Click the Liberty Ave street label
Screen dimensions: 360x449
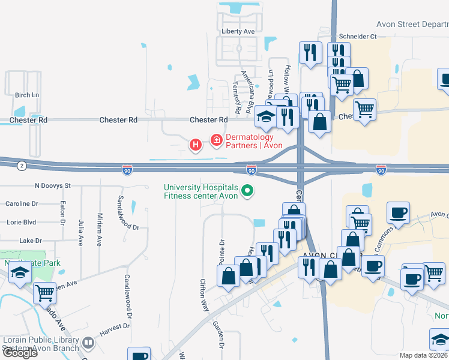[x=238, y=31]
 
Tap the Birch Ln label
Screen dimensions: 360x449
[x=26, y=95]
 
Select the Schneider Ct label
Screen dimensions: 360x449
[x=357, y=37]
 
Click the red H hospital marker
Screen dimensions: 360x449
[x=195, y=145]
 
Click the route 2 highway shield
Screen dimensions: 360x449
[x=22, y=166]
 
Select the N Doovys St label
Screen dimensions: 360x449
[x=53, y=186]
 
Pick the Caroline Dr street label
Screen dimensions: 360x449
[x=21, y=204]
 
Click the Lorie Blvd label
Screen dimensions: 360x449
[x=20, y=222]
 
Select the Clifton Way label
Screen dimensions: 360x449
[x=204, y=295]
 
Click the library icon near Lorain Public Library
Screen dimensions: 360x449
[x=89, y=343]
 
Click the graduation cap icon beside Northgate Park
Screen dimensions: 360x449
[x=20, y=274]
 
